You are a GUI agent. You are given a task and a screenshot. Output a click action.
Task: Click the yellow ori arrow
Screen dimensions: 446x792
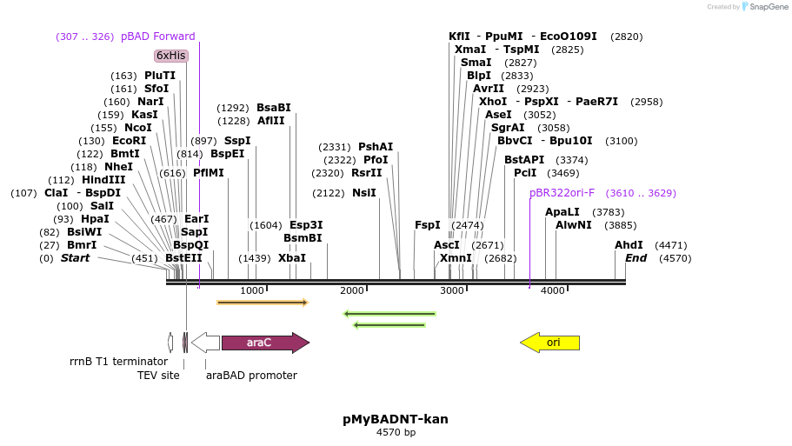click(x=549, y=343)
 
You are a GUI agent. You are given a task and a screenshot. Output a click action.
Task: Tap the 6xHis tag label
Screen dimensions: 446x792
click(x=171, y=56)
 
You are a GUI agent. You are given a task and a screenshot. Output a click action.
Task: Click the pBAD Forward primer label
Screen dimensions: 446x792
click(x=158, y=37)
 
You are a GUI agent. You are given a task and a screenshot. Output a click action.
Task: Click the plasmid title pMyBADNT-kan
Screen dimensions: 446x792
click(x=396, y=419)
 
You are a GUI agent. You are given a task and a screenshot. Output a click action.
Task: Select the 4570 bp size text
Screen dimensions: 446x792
click(x=396, y=432)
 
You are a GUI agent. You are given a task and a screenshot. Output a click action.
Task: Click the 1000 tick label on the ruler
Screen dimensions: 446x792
click(x=252, y=290)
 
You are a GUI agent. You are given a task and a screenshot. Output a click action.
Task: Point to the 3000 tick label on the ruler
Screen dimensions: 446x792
click(x=452, y=290)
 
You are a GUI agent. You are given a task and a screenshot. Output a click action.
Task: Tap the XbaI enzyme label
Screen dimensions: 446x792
click(x=292, y=258)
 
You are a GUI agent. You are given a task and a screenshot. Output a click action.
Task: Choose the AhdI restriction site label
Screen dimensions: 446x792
click(x=629, y=245)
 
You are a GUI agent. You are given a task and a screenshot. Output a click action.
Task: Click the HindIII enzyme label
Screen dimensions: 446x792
click(x=103, y=180)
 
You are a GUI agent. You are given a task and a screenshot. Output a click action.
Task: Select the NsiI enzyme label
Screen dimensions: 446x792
click(x=363, y=193)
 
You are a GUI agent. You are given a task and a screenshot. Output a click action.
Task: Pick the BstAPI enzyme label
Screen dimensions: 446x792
click(x=524, y=160)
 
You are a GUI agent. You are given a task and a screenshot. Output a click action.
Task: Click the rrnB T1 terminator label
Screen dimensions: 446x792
click(x=118, y=362)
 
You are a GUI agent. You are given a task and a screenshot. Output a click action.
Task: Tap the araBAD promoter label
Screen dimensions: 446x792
click(x=251, y=376)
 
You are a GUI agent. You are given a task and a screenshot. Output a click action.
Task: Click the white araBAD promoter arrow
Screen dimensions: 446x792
click(x=205, y=343)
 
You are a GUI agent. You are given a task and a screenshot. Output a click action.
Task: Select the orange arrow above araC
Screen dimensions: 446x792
click(x=263, y=303)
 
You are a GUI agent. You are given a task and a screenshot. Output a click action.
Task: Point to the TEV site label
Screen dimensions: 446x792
click(x=158, y=376)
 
